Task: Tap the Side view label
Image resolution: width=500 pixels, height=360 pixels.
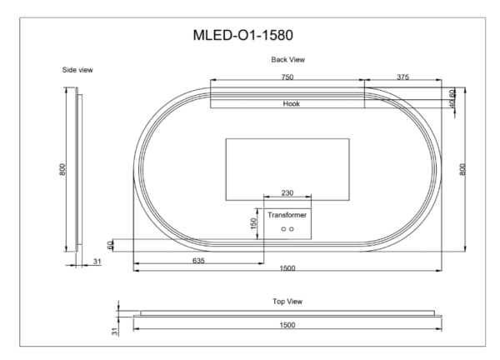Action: tap(77, 70)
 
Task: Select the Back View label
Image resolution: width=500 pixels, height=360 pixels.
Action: tap(287, 60)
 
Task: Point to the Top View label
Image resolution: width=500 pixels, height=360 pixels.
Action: tap(287, 300)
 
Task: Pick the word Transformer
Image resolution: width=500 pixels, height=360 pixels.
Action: tap(287, 215)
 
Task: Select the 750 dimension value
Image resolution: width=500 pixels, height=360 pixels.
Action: tap(285, 77)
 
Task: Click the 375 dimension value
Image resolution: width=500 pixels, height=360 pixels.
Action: tap(402, 77)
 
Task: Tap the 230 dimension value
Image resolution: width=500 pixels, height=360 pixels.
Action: tap(287, 193)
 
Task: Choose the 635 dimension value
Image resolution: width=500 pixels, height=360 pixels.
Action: tap(198, 261)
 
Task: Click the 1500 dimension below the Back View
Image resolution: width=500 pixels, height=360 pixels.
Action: tap(287, 269)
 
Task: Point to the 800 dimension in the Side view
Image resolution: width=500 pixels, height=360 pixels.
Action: tap(62, 169)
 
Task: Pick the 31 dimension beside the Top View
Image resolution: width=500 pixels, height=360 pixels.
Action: tap(116, 331)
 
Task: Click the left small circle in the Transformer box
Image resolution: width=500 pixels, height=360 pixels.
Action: tap(282, 228)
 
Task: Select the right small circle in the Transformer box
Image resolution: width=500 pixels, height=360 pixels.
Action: tap(292, 228)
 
